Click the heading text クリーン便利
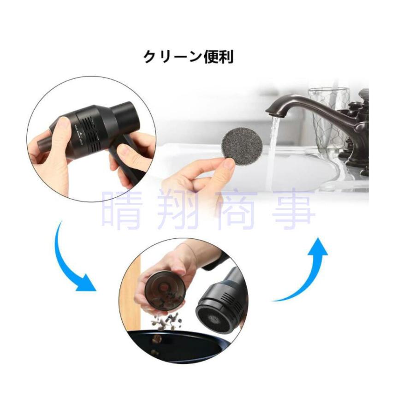[x=189, y=57]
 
